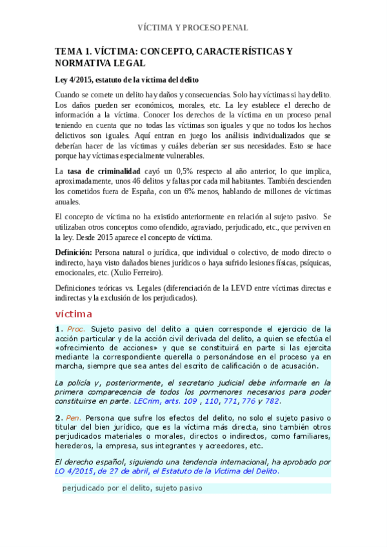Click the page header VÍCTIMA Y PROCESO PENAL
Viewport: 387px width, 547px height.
193,28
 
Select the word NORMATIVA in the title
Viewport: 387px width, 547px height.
86,63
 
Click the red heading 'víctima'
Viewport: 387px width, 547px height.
74,314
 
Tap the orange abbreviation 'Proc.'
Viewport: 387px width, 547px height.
76,329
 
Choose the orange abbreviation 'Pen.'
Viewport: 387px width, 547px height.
75,417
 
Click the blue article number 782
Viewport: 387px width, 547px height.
272,400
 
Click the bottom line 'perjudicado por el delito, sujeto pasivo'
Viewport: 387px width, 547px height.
132,488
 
